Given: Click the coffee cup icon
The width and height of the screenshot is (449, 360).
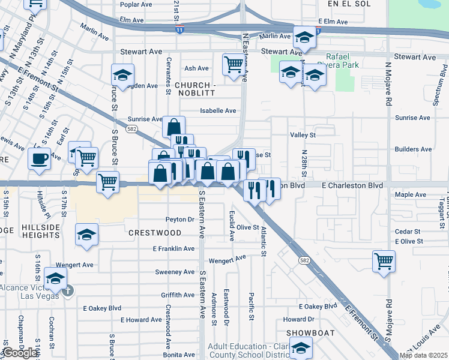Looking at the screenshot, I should point(40,159).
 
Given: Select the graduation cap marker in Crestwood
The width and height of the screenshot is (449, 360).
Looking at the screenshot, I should point(87,235).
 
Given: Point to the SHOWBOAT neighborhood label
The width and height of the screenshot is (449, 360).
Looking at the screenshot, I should point(306,332).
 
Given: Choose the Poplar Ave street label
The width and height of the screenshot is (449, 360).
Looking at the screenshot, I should point(136,4).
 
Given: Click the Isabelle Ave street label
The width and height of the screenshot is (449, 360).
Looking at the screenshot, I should point(218,110).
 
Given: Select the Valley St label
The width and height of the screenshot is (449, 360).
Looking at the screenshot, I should point(303,136).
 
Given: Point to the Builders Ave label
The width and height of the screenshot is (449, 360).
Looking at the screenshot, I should point(413,149).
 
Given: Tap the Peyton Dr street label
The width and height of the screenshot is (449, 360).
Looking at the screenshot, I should point(180,220).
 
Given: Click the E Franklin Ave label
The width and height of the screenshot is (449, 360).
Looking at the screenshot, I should point(173,248).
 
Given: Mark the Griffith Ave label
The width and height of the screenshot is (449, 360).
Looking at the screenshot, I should point(177,295).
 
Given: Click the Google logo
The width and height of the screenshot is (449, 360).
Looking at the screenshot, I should point(20,353).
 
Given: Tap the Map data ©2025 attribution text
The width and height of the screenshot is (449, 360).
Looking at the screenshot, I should point(423,355).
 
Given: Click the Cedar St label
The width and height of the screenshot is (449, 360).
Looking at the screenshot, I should point(406,232).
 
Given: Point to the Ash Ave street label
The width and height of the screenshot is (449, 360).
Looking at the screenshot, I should point(196,68).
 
